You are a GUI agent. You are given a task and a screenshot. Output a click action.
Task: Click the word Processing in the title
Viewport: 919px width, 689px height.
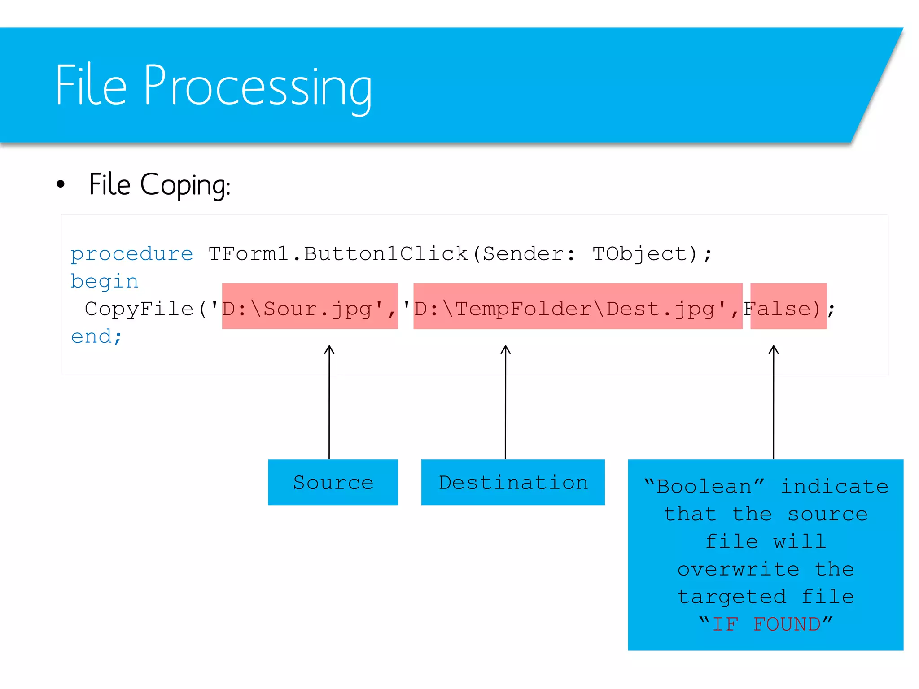pos(258,86)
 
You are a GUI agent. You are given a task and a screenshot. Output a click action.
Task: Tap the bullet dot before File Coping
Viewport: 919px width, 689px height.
pos(61,184)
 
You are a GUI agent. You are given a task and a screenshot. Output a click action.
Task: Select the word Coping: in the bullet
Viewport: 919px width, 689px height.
pos(185,185)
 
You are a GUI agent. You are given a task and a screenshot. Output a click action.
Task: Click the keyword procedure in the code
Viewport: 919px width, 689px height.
pos(131,254)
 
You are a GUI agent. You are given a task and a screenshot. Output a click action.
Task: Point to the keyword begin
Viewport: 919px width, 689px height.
pos(104,281)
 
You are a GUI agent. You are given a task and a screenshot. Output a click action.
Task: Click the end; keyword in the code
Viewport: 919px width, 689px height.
pos(96,336)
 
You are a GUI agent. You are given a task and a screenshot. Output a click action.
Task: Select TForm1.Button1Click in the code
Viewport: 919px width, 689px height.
pos(337,254)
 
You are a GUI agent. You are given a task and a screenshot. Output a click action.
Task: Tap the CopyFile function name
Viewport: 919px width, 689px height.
pos(139,309)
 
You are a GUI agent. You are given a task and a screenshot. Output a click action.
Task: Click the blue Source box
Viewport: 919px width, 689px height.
pos(333,482)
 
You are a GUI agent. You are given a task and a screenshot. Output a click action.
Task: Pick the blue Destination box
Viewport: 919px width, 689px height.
pos(513,482)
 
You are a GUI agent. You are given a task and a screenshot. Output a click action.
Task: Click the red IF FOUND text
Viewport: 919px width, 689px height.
pos(766,624)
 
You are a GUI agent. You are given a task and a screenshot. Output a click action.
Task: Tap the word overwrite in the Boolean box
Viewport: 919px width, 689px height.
pos(738,569)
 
